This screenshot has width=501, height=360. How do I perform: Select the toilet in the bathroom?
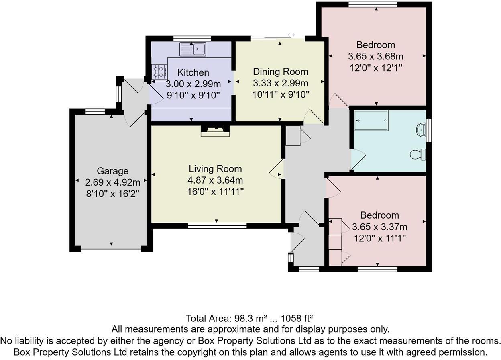[416, 154]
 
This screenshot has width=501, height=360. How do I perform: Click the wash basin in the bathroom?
[421, 130]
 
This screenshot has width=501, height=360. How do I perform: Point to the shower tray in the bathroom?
[371, 120]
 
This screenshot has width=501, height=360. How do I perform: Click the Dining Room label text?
[280, 72]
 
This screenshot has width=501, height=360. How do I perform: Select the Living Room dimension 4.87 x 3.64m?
[216, 180]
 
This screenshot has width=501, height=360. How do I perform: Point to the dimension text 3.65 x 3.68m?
[376, 56]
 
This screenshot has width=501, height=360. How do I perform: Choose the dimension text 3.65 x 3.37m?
[379, 227]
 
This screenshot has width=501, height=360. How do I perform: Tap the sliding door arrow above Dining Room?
[291, 35]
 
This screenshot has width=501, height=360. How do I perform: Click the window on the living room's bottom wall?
[217, 226]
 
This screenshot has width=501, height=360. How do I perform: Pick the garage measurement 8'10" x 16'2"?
[112, 193]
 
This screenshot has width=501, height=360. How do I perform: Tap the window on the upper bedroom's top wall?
[373, 4]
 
